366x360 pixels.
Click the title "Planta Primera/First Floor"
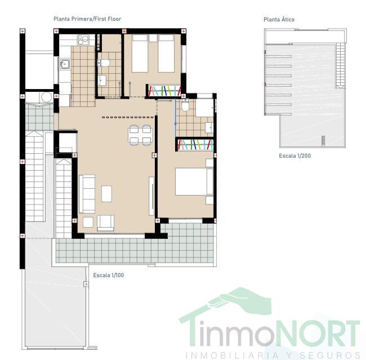click(87, 19)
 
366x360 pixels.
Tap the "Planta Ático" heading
click(279, 19)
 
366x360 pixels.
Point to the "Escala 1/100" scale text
click(109, 275)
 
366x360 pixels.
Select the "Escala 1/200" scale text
click(295, 156)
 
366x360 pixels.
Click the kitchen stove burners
click(83, 39)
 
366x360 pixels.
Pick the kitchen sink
click(64, 64)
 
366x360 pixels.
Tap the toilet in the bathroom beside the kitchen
click(104, 63)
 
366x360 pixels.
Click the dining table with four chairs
click(140, 135)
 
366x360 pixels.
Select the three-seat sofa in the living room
click(87, 194)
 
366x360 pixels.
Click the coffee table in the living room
click(106, 194)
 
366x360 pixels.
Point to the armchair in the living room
click(105, 223)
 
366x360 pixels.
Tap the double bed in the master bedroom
click(194, 181)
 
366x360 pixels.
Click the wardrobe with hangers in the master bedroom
click(195, 145)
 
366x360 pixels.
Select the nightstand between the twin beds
click(153, 38)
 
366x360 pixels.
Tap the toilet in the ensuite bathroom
click(186, 105)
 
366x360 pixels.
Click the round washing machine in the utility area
click(46, 97)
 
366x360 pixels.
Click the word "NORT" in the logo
click(318, 334)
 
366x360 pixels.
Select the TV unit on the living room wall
click(151, 196)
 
